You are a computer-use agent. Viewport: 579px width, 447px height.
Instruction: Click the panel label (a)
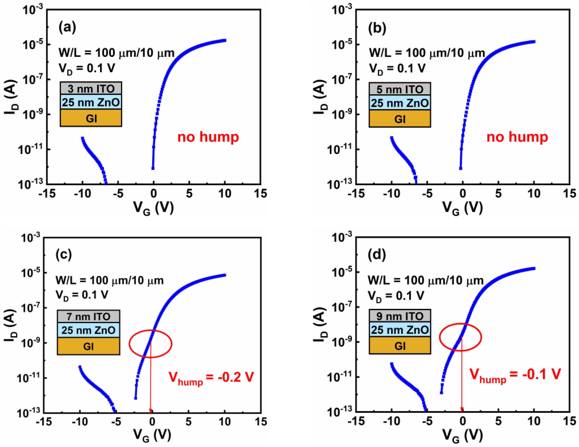pos(67,27)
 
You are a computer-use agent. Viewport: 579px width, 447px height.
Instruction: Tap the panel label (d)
pos(377,254)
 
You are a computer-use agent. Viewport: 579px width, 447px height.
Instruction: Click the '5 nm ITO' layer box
pos(400,89)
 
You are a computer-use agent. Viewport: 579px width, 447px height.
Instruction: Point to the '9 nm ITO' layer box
pos(400,316)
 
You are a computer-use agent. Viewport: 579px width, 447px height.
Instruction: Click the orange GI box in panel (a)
pos(91,118)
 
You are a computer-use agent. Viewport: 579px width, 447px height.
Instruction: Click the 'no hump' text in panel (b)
pos(517,137)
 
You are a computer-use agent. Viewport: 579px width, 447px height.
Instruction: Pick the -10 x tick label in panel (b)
pos(391,194)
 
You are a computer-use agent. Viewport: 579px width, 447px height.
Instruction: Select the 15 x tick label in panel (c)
pos(261,421)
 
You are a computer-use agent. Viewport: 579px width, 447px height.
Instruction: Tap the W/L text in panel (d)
pos(425,280)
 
